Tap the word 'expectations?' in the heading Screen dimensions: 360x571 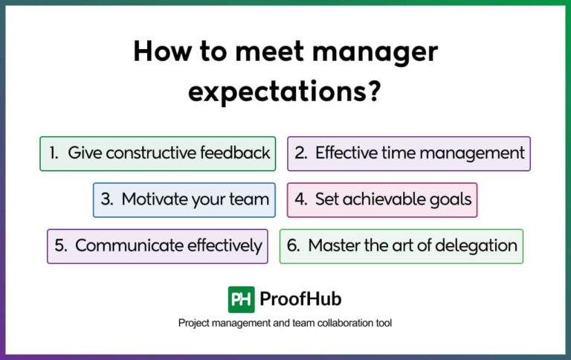tap(285, 92)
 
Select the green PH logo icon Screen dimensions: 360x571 tap(241, 299)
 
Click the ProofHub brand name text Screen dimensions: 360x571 tap(300, 299)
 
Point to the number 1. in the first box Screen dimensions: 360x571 tap(54, 153)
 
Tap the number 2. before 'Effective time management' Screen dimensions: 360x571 tap(301, 153)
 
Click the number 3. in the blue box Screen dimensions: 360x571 tap(107, 199)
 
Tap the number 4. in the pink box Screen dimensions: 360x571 tap(301, 199)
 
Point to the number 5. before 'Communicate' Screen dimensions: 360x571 tap(61, 245)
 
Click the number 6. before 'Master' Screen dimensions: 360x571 tap(294, 245)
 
